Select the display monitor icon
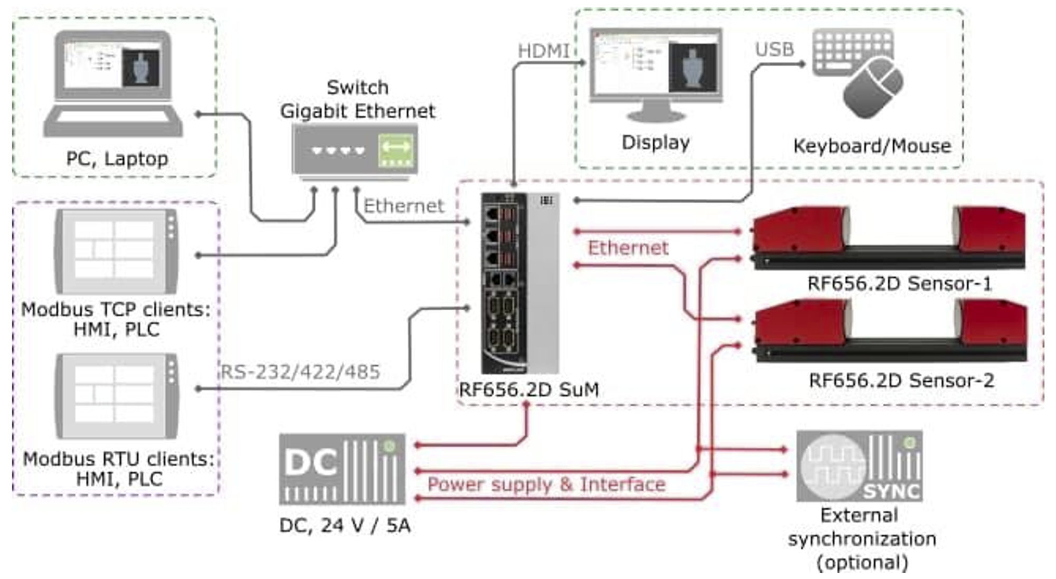pyautogui.click(x=656, y=74)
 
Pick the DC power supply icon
pyautogui.click(x=342, y=469)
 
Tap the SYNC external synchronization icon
pyautogui.click(x=860, y=466)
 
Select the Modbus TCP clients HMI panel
pyautogui.click(x=116, y=251)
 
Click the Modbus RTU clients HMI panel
pyautogui.click(x=117, y=396)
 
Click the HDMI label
pyautogui.click(x=543, y=51)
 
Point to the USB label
pyautogui.click(x=775, y=50)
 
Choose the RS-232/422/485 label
pyautogui.click(x=300, y=372)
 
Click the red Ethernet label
pyautogui.click(x=628, y=248)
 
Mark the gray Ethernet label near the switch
pyautogui.click(x=404, y=206)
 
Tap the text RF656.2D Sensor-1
pyautogui.click(x=900, y=284)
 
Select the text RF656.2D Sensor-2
pyautogui.click(x=901, y=381)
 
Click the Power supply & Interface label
pyautogui.click(x=546, y=485)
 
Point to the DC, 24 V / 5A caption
pyautogui.click(x=345, y=526)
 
